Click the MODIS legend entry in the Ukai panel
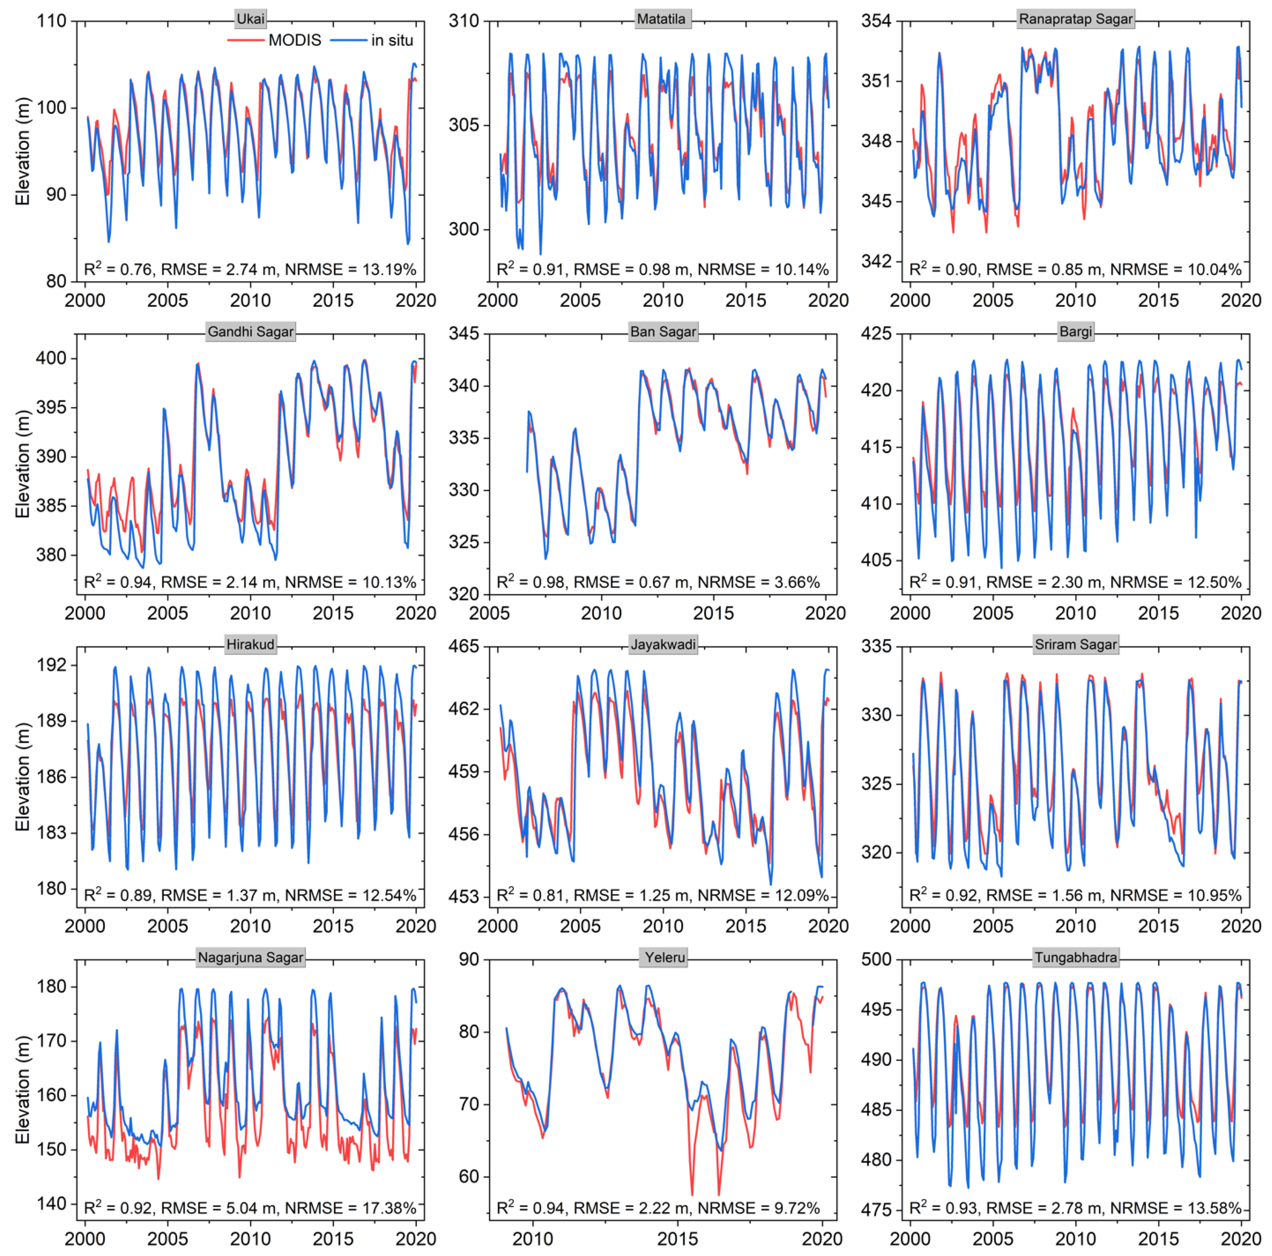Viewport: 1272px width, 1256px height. click(294, 40)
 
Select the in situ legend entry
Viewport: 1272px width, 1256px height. click(392, 40)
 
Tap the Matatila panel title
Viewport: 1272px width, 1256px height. click(661, 19)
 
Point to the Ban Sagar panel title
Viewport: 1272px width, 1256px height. click(663, 332)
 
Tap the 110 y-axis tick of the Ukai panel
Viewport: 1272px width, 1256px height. click(52, 21)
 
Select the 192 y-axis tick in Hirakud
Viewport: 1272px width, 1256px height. click(52, 665)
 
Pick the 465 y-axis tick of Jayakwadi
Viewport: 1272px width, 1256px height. click(464, 646)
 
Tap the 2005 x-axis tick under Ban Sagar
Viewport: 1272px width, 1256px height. click(489, 613)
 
